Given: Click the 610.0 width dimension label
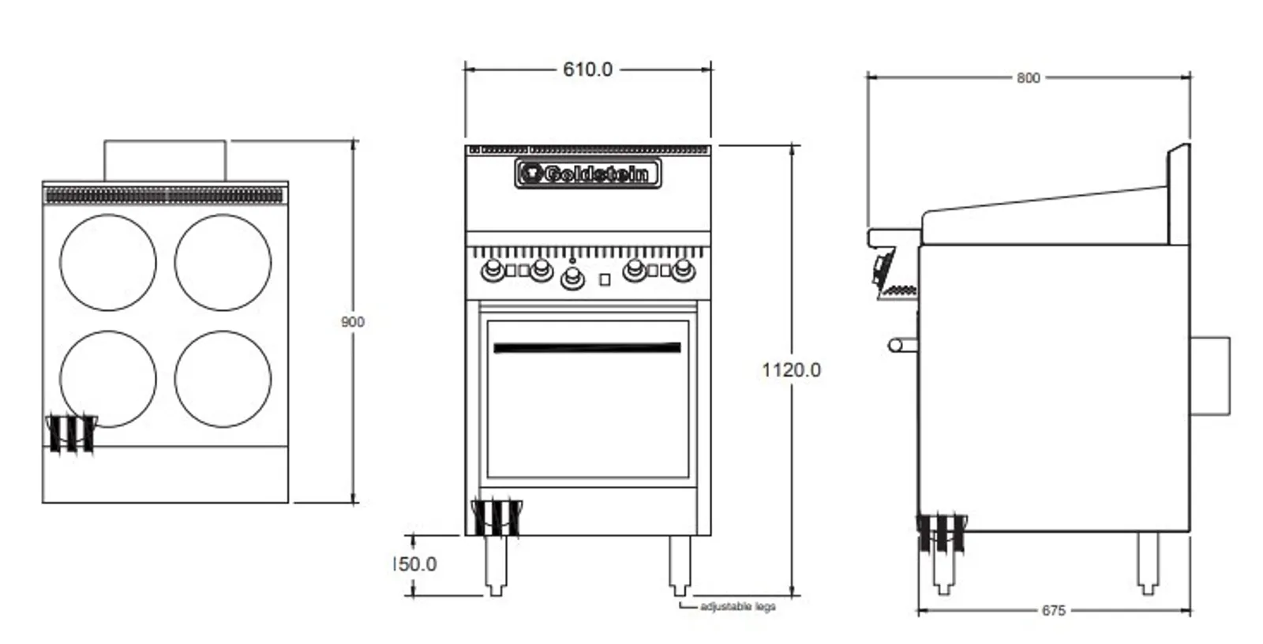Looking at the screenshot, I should (x=587, y=69).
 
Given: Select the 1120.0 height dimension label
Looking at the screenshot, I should (x=791, y=369).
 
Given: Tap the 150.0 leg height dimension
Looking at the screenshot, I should (x=415, y=563).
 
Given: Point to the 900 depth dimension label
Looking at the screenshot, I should (x=353, y=322).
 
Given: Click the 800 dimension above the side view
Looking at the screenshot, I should (x=1028, y=77).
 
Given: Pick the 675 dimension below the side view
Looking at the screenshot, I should (x=1053, y=610).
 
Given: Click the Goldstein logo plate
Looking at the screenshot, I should (x=588, y=173).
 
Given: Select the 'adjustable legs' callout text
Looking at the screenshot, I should (x=737, y=606).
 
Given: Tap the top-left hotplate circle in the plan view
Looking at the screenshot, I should (x=108, y=262).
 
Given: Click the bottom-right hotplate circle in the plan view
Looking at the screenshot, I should (x=223, y=379).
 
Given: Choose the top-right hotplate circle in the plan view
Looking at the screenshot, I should (x=223, y=262).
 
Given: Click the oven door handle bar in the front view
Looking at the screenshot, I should (x=587, y=347).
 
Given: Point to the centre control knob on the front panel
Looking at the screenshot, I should (x=572, y=277).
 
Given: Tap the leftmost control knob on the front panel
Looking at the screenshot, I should (x=493, y=271).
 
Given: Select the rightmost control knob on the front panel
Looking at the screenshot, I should (x=684, y=271).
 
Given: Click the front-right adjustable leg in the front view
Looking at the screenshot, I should (x=679, y=565).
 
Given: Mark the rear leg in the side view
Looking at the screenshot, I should (x=1147, y=562).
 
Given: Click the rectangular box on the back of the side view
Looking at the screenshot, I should (x=1209, y=376).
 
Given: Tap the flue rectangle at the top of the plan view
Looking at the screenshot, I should (x=165, y=161).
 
